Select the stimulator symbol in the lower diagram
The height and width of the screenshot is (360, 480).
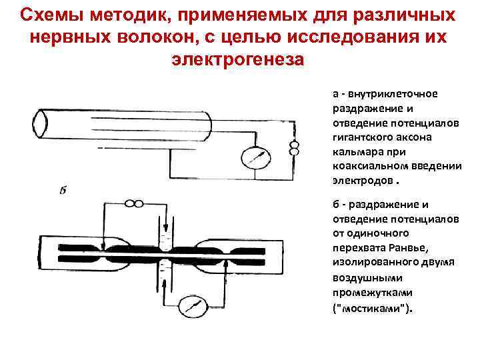[x=135, y=204]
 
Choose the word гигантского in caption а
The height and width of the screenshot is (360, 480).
[x=360, y=137]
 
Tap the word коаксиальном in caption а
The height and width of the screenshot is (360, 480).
[x=365, y=166]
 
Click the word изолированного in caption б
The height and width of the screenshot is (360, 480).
[x=369, y=263]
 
